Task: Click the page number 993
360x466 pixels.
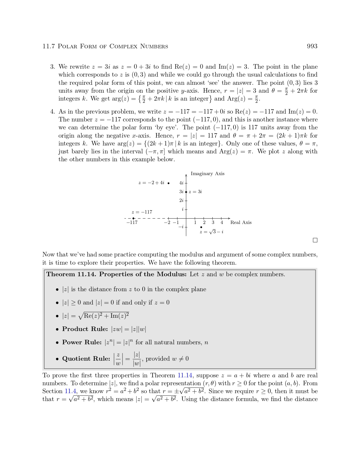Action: tap(312, 46)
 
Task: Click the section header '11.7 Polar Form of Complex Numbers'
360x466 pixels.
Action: tap(105, 46)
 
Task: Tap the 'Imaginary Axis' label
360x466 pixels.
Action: tap(208, 174)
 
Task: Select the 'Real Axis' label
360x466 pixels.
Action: tap(241, 223)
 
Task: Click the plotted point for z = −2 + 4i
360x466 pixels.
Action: tap(169, 183)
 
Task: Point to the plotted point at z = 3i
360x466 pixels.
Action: tap(186, 192)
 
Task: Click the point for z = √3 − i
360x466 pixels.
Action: tap(201, 227)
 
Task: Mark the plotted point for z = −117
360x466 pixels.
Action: tap(134, 218)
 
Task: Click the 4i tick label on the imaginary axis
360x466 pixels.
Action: tap(181, 183)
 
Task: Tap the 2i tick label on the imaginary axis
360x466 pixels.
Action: tap(181, 201)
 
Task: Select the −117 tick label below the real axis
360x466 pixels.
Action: tap(132, 223)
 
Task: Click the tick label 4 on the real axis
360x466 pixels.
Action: tap(222, 223)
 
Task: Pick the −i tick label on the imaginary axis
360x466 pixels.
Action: tap(181, 227)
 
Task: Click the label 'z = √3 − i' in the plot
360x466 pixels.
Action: tap(211, 232)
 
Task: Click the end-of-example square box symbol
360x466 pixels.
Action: tap(315, 240)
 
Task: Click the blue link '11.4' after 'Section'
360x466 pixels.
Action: tap(70, 391)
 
